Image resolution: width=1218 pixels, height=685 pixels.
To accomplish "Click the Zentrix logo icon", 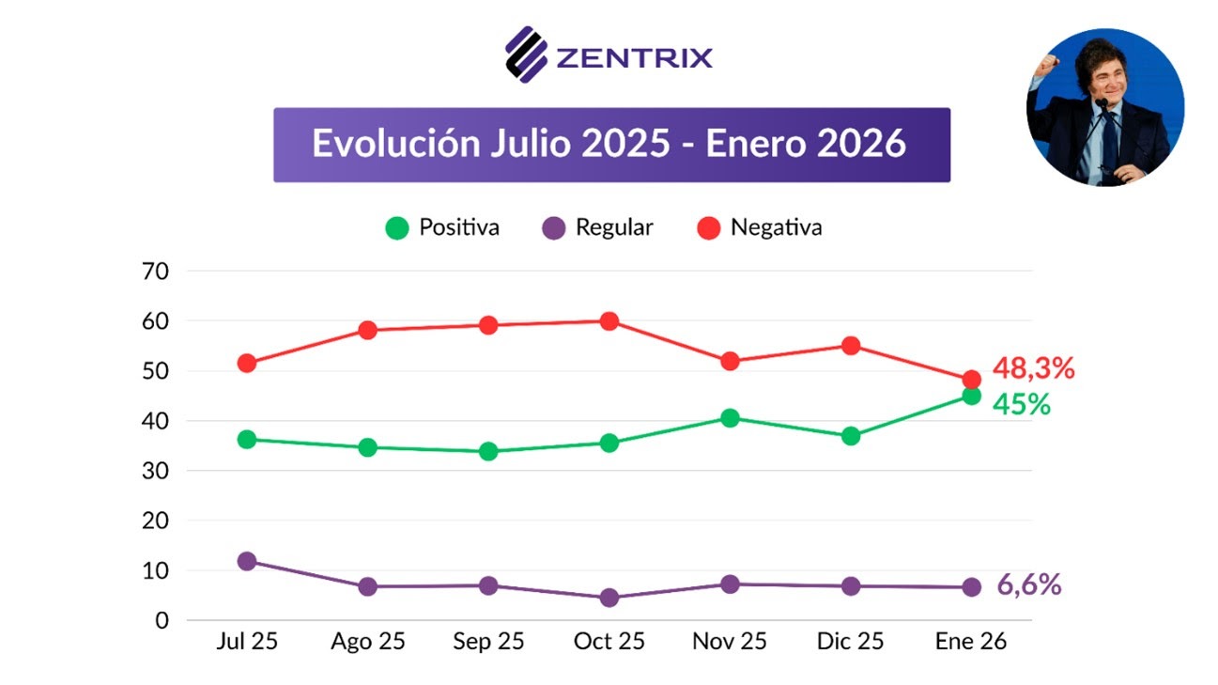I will tap(526, 54).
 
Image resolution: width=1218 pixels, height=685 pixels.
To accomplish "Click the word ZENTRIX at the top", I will tap(634, 57).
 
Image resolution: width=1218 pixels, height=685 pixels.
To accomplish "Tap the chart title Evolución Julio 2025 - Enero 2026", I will tap(610, 145).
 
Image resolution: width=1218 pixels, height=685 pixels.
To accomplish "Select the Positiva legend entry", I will tap(443, 227).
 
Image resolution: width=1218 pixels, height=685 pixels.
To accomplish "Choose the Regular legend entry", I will tap(598, 227).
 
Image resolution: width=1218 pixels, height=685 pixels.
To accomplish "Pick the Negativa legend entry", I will tap(761, 227).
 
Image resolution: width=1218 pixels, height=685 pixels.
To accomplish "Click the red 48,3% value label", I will tap(1033, 368).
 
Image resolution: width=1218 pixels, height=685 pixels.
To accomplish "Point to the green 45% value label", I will tap(1023, 405).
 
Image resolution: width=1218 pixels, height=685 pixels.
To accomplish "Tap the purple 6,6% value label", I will tap(1028, 584).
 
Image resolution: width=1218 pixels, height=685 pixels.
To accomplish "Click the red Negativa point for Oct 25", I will tap(609, 321).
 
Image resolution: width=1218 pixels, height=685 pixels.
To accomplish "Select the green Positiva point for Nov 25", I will tap(730, 418).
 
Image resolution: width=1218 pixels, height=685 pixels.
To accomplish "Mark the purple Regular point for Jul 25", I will tap(247, 561).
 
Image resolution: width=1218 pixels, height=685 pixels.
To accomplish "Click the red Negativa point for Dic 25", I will tap(851, 346).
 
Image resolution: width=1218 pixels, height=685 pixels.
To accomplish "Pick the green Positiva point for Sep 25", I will tap(488, 451).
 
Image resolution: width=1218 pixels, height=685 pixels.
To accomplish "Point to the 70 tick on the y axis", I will tap(155, 272).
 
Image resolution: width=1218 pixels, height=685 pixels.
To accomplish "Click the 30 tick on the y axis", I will tap(155, 471).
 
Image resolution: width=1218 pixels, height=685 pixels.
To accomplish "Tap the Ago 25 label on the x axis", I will tap(367, 642).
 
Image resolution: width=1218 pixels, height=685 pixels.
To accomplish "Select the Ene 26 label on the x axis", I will tap(971, 642).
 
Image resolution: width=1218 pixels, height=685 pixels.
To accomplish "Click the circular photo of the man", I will tap(1104, 107).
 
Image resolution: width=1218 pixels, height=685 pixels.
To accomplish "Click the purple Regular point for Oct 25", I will tap(609, 598).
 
